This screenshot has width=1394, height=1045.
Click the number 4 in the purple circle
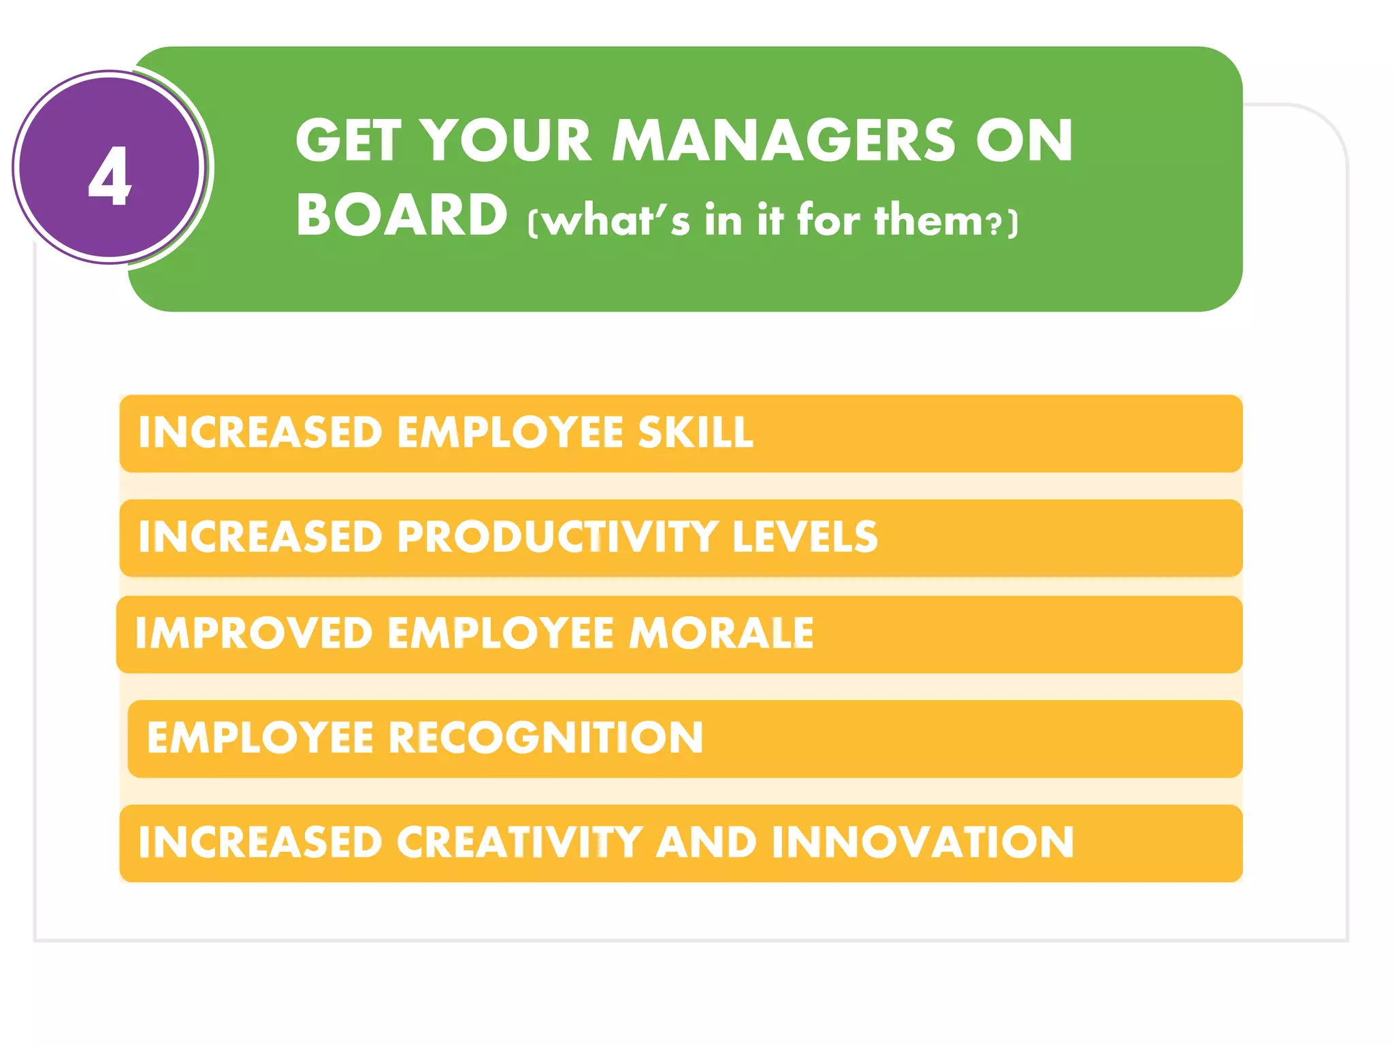110,176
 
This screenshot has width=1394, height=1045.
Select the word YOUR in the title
506,141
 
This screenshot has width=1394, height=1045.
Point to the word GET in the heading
348,141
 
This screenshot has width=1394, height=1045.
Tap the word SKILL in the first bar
696,433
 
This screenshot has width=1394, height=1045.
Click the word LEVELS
805,537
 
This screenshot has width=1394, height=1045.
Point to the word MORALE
721,633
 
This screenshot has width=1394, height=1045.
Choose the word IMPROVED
253,633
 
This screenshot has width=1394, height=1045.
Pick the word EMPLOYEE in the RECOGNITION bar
260,737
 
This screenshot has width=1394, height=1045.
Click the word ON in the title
1024,141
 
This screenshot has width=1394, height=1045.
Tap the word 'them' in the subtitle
928,220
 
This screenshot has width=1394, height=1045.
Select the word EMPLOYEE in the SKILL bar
510,433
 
